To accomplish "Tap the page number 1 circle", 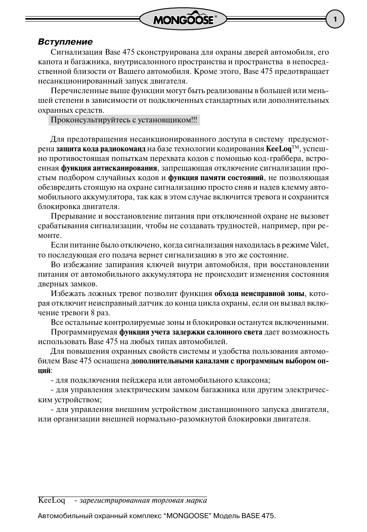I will (335, 20).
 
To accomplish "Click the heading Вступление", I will (65, 42).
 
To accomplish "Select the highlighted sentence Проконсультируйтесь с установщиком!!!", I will (124, 120).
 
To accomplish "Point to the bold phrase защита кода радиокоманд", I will (101, 149).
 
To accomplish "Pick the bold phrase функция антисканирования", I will (109, 168).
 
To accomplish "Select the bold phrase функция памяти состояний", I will (216, 178).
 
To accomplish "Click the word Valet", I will (319, 245).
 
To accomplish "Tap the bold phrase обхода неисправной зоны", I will (260, 294).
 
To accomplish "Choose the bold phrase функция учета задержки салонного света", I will (191, 332).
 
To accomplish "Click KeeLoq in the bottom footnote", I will (52, 500).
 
